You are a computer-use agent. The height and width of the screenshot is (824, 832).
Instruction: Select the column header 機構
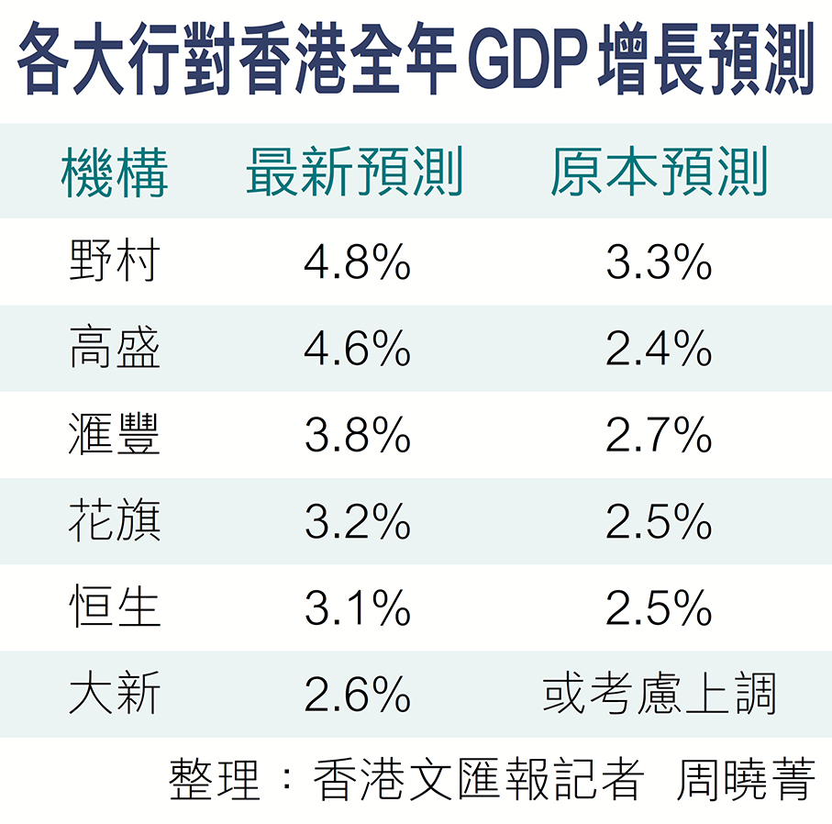pyautogui.click(x=114, y=172)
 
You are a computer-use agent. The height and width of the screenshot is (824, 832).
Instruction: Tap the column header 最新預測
pyautogui.click(x=354, y=172)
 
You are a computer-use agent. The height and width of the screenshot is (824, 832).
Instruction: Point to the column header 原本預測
pyautogui.click(x=659, y=172)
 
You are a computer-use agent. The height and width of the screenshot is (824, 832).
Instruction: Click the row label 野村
pyautogui.click(x=114, y=260)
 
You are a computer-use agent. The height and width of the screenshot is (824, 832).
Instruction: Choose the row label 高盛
pyautogui.click(x=114, y=347)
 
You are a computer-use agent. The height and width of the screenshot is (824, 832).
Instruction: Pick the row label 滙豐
pyautogui.click(x=114, y=433)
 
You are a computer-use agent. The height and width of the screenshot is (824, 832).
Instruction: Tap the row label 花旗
pyautogui.click(x=114, y=519)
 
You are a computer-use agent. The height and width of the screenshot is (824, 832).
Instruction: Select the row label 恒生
pyautogui.click(x=114, y=607)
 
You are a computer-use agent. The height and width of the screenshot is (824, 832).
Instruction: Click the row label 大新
pyautogui.click(x=114, y=693)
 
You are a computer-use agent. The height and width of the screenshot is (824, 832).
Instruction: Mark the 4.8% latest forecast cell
pyautogui.click(x=357, y=261)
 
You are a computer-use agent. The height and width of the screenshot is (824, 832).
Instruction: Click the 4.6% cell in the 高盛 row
pyautogui.click(x=357, y=348)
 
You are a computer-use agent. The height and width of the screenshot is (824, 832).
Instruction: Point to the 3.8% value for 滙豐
pyautogui.click(x=357, y=434)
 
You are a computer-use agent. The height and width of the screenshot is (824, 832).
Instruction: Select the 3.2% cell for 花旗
pyautogui.click(x=357, y=521)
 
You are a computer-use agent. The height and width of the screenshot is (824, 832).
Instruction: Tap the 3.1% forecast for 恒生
pyautogui.click(x=357, y=607)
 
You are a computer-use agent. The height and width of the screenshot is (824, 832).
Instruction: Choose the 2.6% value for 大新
pyautogui.click(x=357, y=694)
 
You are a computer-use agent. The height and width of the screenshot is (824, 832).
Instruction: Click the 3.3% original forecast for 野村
pyautogui.click(x=659, y=261)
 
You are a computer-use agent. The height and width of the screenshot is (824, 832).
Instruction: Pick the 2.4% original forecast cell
pyautogui.click(x=659, y=348)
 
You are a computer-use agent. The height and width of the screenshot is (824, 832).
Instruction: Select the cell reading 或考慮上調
pyautogui.click(x=659, y=693)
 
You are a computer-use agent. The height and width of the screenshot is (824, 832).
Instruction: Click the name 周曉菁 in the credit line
pyautogui.click(x=746, y=779)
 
